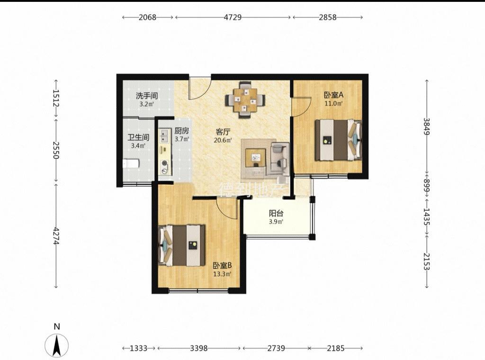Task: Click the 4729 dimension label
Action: (x=233, y=18)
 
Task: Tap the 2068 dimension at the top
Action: (x=147, y=18)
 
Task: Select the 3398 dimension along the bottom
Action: (x=198, y=349)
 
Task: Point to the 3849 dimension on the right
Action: (x=427, y=126)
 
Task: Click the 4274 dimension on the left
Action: (x=56, y=236)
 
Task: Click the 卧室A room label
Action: (x=333, y=95)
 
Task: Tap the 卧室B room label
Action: (x=222, y=265)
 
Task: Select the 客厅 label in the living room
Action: (x=223, y=132)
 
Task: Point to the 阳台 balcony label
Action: (x=276, y=214)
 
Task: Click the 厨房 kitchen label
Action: (x=181, y=131)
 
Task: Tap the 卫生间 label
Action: (x=138, y=137)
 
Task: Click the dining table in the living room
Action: (x=245, y=100)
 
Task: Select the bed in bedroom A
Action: (x=338, y=140)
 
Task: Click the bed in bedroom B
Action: (x=182, y=245)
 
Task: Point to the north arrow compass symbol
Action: (x=57, y=345)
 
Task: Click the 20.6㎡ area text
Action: (x=223, y=140)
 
